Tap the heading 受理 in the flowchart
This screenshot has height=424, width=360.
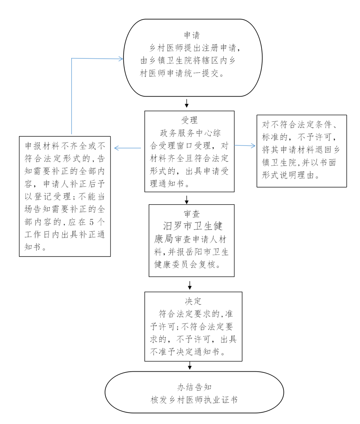pyautogui.click(x=189, y=120)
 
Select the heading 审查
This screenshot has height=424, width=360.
pyautogui.click(x=191, y=214)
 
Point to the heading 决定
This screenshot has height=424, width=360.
pyautogui.click(x=193, y=301)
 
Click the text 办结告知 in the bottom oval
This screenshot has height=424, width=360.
pyautogui.click(x=194, y=387)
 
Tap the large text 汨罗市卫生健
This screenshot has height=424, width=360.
pyautogui.click(x=192, y=227)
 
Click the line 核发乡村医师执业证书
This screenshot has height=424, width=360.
pyautogui.click(x=194, y=400)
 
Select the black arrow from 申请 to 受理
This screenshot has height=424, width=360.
pyautogui.click(x=186, y=103)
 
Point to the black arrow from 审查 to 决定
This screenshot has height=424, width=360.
pyautogui.click(x=190, y=284)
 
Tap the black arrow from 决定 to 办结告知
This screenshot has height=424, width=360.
pyautogui.click(x=190, y=365)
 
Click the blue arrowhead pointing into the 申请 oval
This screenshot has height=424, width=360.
pyautogui.click(x=121, y=59)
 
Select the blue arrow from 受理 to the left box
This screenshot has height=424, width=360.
pyautogui.click(x=128, y=148)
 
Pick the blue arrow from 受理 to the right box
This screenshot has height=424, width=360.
pyautogui.click(x=245, y=146)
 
